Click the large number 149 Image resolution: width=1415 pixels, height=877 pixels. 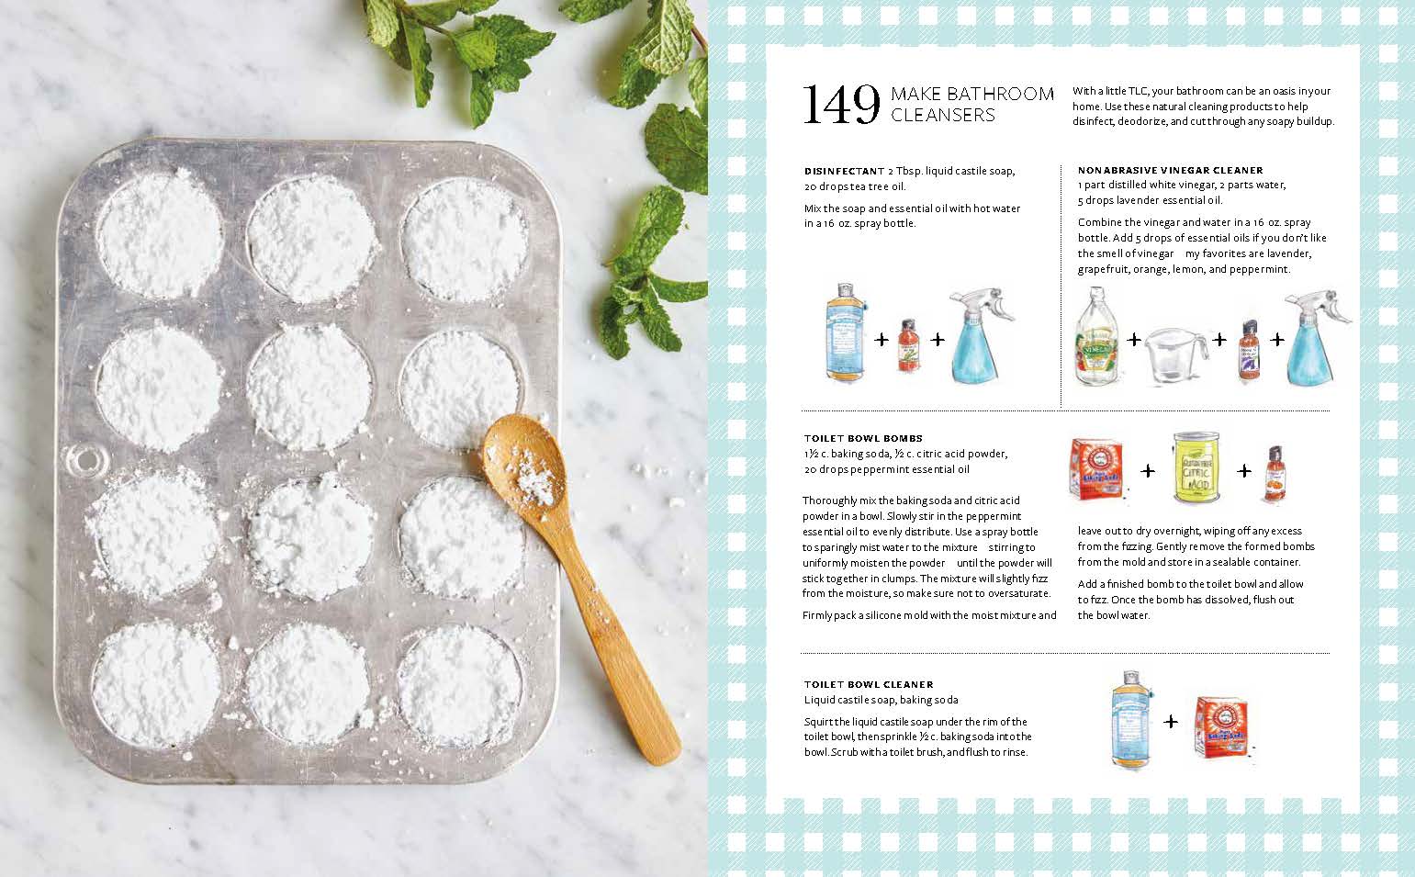point(841,105)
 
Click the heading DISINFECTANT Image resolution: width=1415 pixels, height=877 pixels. point(844,171)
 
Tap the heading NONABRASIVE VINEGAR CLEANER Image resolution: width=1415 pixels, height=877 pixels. point(1170,170)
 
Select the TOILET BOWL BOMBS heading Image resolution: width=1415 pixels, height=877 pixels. point(863,439)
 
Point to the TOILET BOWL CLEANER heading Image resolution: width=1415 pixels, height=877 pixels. point(869,684)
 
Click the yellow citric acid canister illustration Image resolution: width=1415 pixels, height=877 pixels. point(1196,468)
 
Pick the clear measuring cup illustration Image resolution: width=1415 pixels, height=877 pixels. point(1175,354)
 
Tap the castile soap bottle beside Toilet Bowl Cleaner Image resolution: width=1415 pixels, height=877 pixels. point(1131,719)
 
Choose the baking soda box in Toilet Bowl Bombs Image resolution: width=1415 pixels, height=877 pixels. point(1097,469)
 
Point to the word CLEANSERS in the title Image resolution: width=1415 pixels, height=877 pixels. point(943,115)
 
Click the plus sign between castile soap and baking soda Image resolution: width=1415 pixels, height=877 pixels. point(1171,721)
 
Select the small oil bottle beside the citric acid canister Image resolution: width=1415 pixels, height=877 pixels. point(1275,473)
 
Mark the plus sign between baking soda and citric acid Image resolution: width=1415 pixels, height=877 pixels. point(1148,471)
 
